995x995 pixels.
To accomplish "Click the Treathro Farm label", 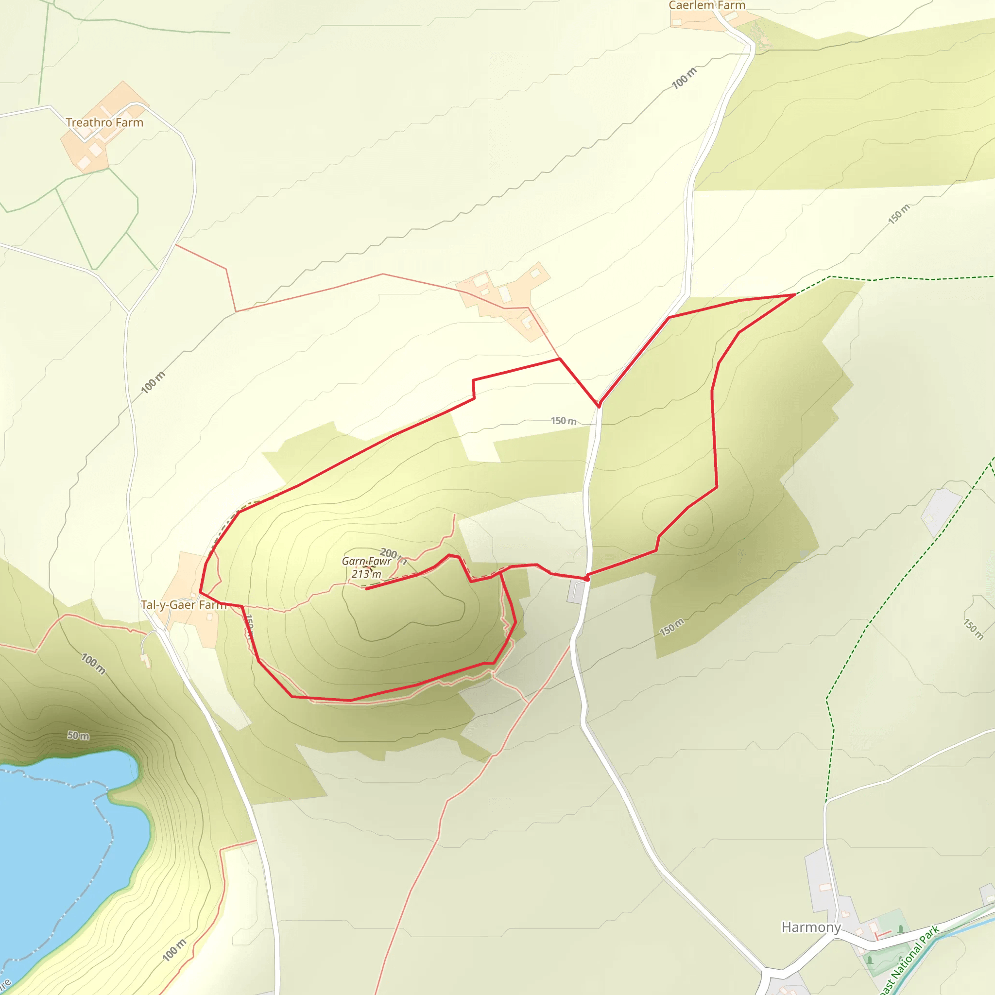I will tap(104, 122).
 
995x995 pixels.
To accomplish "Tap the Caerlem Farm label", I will tap(706, 6).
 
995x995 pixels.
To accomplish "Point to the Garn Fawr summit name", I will tap(366, 561).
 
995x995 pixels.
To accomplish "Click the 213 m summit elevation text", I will tap(367, 574).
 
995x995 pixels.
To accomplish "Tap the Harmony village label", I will tap(811, 927).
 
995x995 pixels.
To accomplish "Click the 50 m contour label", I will tap(78, 736).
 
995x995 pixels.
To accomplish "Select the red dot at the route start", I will tap(586, 579).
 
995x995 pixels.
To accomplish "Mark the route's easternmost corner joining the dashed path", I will tap(795, 294).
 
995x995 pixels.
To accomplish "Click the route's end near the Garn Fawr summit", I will tap(367, 588).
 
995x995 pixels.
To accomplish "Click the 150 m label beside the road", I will tap(564, 421).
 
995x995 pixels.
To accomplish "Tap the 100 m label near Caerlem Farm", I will tap(685, 78).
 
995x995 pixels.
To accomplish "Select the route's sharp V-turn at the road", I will tap(599, 406).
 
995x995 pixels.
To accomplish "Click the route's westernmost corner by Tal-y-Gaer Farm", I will tap(200, 592).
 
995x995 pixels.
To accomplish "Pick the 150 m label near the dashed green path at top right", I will tap(899, 214).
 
